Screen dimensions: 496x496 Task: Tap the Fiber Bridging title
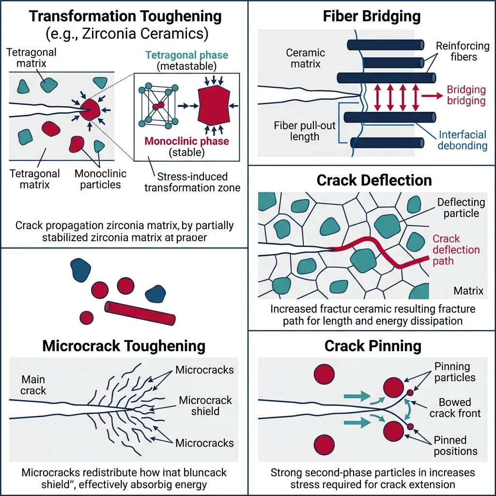point(372,15)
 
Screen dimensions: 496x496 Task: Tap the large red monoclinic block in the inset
point(214,105)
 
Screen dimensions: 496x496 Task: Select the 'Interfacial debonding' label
point(463,140)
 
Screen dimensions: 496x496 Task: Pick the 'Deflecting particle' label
point(461,208)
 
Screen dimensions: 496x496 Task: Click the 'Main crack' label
point(33,384)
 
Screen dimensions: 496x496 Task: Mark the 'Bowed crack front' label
point(455,408)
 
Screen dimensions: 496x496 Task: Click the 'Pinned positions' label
point(455,446)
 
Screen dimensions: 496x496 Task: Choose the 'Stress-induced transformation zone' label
point(192,182)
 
